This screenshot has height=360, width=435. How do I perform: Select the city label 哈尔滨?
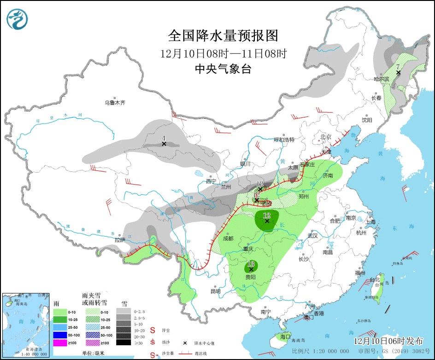click(382, 79)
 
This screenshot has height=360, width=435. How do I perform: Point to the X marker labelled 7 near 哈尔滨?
click(399, 73)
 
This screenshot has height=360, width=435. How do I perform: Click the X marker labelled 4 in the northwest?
click(164, 144)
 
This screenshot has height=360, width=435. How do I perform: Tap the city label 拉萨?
click(120, 240)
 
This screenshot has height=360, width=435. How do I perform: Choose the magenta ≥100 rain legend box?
click(60, 343)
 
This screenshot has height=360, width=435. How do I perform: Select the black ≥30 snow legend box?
click(123, 343)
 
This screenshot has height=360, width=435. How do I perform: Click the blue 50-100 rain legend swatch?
click(60, 335)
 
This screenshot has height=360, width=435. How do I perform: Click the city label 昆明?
click(215, 291)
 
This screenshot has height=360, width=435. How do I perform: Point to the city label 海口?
click(286, 337)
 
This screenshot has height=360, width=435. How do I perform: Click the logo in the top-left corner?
click(18, 18)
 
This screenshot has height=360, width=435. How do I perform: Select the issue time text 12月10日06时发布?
click(388, 341)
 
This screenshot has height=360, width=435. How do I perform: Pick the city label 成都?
click(228, 238)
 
